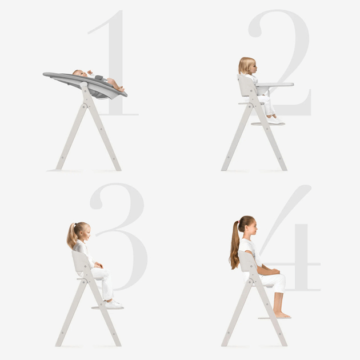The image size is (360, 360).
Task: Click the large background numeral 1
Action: point(115,62)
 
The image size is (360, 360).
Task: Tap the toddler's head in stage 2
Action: point(247,66)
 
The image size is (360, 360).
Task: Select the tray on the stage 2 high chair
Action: point(274,85)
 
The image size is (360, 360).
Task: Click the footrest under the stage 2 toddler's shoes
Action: point(267,124)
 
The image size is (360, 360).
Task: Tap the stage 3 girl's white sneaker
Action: point(113,304)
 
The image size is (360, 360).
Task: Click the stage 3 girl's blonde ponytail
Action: point(72,237)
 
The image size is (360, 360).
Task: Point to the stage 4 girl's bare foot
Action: point(282,314)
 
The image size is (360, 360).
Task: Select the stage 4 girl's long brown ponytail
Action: point(235,246)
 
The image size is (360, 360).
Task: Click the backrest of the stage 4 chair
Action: point(247,261)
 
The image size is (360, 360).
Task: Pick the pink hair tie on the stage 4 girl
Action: point(238,222)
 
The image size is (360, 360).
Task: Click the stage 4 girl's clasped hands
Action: point(275,271)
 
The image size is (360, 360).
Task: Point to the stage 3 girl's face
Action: point(87,233)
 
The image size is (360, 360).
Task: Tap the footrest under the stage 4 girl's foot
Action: point(275,318)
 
